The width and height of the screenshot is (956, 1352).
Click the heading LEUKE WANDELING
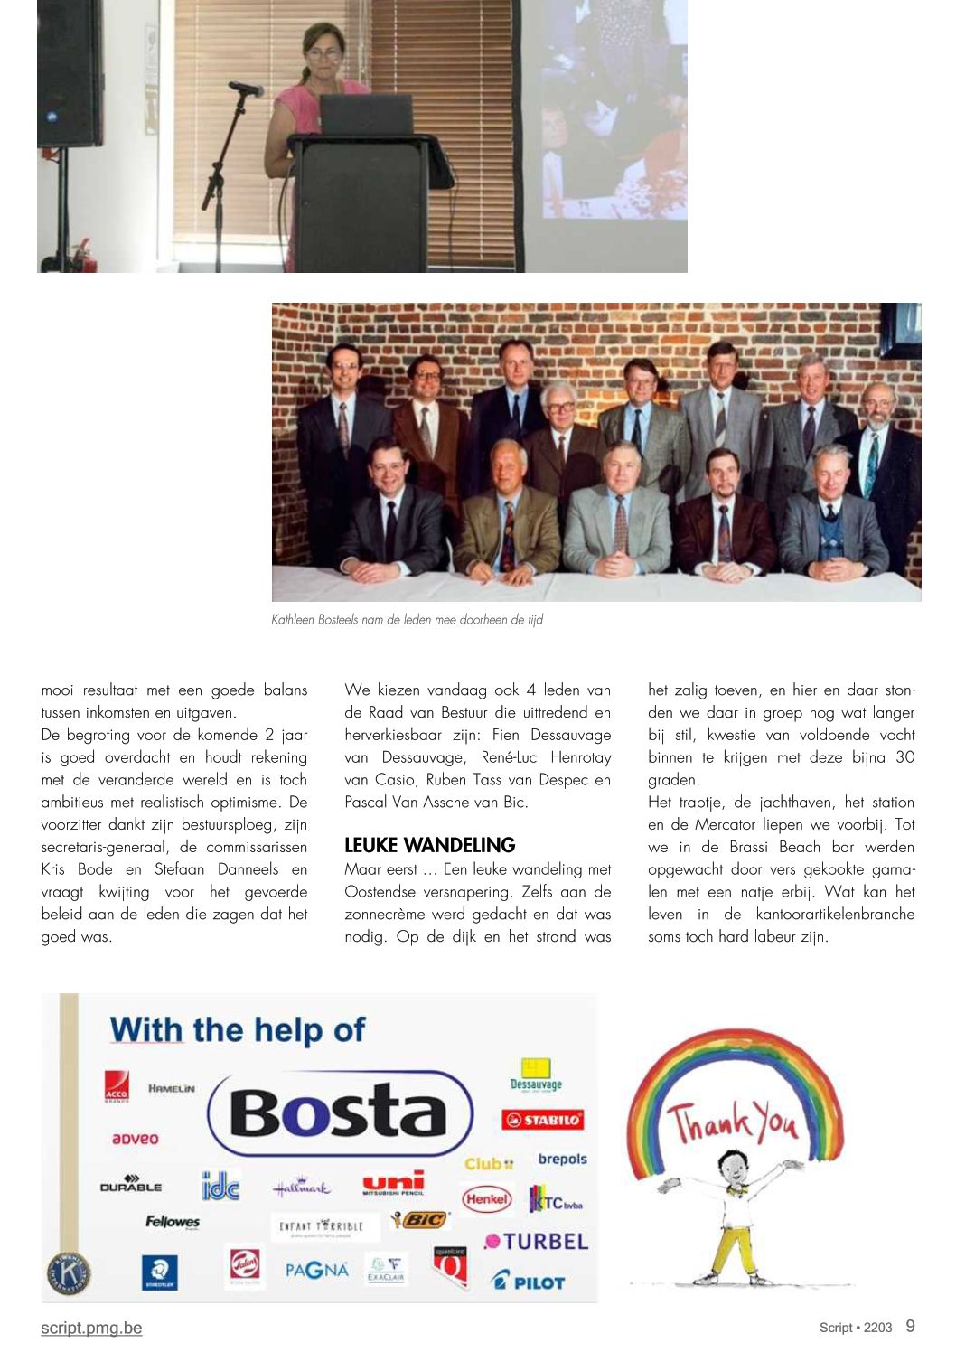(429, 846)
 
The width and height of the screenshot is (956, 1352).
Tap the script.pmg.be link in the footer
(91, 1328)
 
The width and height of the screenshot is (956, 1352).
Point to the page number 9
(910, 1326)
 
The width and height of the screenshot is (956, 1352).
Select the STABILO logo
(543, 1121)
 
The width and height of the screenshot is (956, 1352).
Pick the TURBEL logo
(537, 1242)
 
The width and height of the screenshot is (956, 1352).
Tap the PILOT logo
(529, 1281)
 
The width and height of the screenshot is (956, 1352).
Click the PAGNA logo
(316, 1270)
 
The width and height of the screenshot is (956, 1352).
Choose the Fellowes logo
(173, 1222)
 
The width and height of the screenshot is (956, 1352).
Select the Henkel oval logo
(487, 1199)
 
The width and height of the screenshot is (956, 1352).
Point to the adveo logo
(135, 1139)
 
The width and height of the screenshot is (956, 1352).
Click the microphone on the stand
(246, 89)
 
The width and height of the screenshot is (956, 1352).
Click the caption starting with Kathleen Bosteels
(407, 620)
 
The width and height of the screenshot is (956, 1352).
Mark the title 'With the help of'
(238, 1030)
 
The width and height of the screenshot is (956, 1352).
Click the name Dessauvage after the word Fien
(570, 735)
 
